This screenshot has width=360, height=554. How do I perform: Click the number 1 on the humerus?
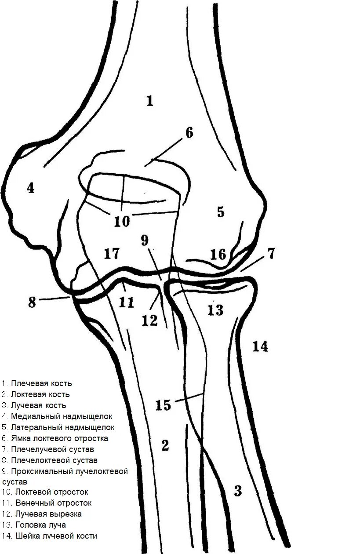150,102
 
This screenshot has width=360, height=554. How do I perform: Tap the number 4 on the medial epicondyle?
30,188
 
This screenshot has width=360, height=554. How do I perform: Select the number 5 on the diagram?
220,212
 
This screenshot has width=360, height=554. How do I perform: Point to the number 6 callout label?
189,132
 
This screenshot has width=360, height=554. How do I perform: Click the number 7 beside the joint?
271,254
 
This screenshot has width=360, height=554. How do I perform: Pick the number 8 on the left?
32,303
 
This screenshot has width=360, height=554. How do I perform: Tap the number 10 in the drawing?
122,221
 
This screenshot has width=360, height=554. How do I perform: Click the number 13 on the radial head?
215,310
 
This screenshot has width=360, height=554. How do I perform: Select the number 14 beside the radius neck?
260,347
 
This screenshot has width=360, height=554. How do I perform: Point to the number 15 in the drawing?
163,405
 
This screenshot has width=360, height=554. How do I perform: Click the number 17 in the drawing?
112,254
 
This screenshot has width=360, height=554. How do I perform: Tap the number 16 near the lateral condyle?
218,255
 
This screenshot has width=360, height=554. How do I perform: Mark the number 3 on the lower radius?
237,491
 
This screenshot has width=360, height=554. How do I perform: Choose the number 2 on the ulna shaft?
165,446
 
